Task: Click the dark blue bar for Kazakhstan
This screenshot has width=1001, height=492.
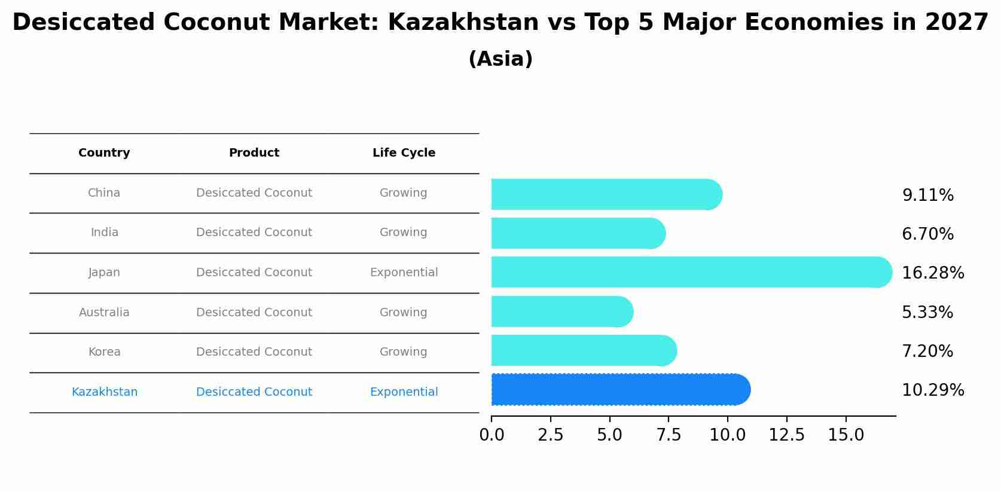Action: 619,390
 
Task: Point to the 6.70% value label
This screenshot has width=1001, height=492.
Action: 927,234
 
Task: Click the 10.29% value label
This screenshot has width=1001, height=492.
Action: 932,390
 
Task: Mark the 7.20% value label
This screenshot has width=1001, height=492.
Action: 927,352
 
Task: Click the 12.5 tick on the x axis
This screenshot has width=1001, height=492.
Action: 786,435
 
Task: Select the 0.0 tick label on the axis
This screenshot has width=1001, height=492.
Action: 492,435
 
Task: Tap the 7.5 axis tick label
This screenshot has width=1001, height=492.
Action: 669,435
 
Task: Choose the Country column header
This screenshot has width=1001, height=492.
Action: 104,153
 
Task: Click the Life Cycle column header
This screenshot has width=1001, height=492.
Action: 404,153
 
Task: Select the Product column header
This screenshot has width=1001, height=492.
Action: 254,153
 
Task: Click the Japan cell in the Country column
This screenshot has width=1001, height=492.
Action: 104,273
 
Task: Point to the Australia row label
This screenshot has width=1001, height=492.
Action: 104,313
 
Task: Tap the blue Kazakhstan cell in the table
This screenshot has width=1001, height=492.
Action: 104,392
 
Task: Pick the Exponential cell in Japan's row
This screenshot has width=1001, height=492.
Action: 404,273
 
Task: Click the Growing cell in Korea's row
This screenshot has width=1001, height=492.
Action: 403,352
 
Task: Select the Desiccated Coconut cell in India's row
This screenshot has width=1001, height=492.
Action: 254,233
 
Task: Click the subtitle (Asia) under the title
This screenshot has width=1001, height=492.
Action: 500,59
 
